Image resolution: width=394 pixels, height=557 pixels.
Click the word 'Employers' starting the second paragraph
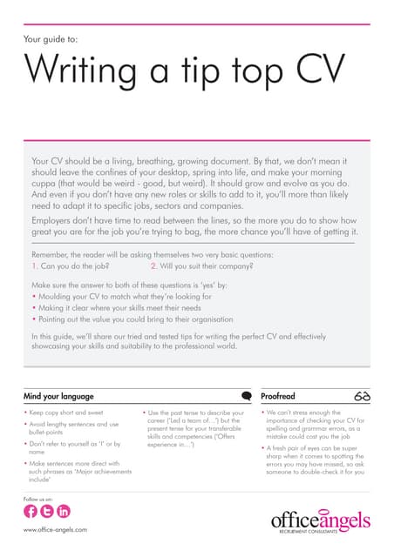(58, 222)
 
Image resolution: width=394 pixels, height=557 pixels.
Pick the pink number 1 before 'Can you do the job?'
(34, 266)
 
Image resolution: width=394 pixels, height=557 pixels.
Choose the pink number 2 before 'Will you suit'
(153, 266)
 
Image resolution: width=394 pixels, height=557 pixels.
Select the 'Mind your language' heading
(61, 396)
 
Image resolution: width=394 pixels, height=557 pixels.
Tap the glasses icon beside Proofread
(363, 396)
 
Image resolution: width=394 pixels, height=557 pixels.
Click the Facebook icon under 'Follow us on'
(32, 512)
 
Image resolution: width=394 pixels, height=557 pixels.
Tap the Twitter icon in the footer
(47, 512)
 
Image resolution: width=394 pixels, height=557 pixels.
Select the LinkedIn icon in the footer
(63, 512)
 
